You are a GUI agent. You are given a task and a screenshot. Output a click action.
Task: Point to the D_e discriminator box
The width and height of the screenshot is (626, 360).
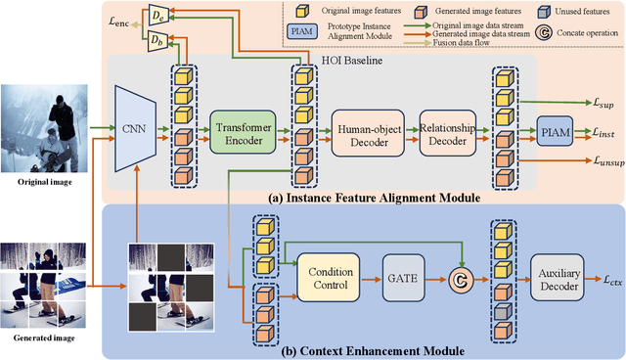156,15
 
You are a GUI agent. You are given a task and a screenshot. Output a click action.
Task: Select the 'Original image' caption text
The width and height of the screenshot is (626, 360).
48,181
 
